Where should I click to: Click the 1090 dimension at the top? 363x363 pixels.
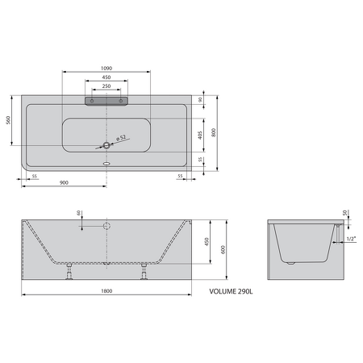click(105, 68)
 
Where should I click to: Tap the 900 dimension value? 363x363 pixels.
click(64, 183)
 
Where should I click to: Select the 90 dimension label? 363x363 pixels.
click(199, 100)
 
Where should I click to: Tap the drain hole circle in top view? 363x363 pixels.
click(106, 146)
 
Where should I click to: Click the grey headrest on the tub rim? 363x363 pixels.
click(106, 101)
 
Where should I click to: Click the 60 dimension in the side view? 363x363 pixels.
click(78, 213)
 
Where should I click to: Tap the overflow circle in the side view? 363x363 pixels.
click(106, 227)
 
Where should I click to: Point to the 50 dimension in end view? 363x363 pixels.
click(344, 213)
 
